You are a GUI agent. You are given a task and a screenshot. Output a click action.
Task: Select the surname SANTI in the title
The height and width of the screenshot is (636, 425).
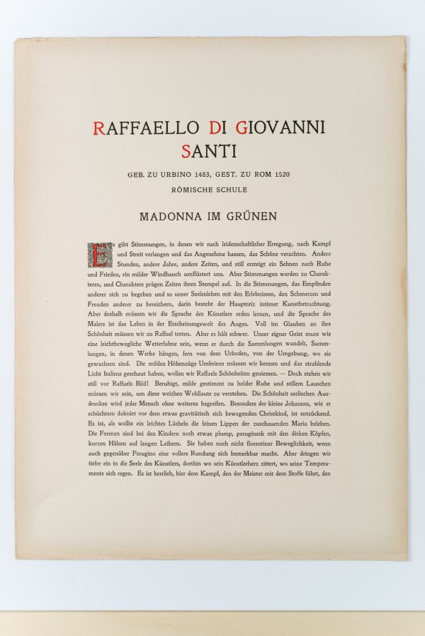[x=210, y=150]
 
